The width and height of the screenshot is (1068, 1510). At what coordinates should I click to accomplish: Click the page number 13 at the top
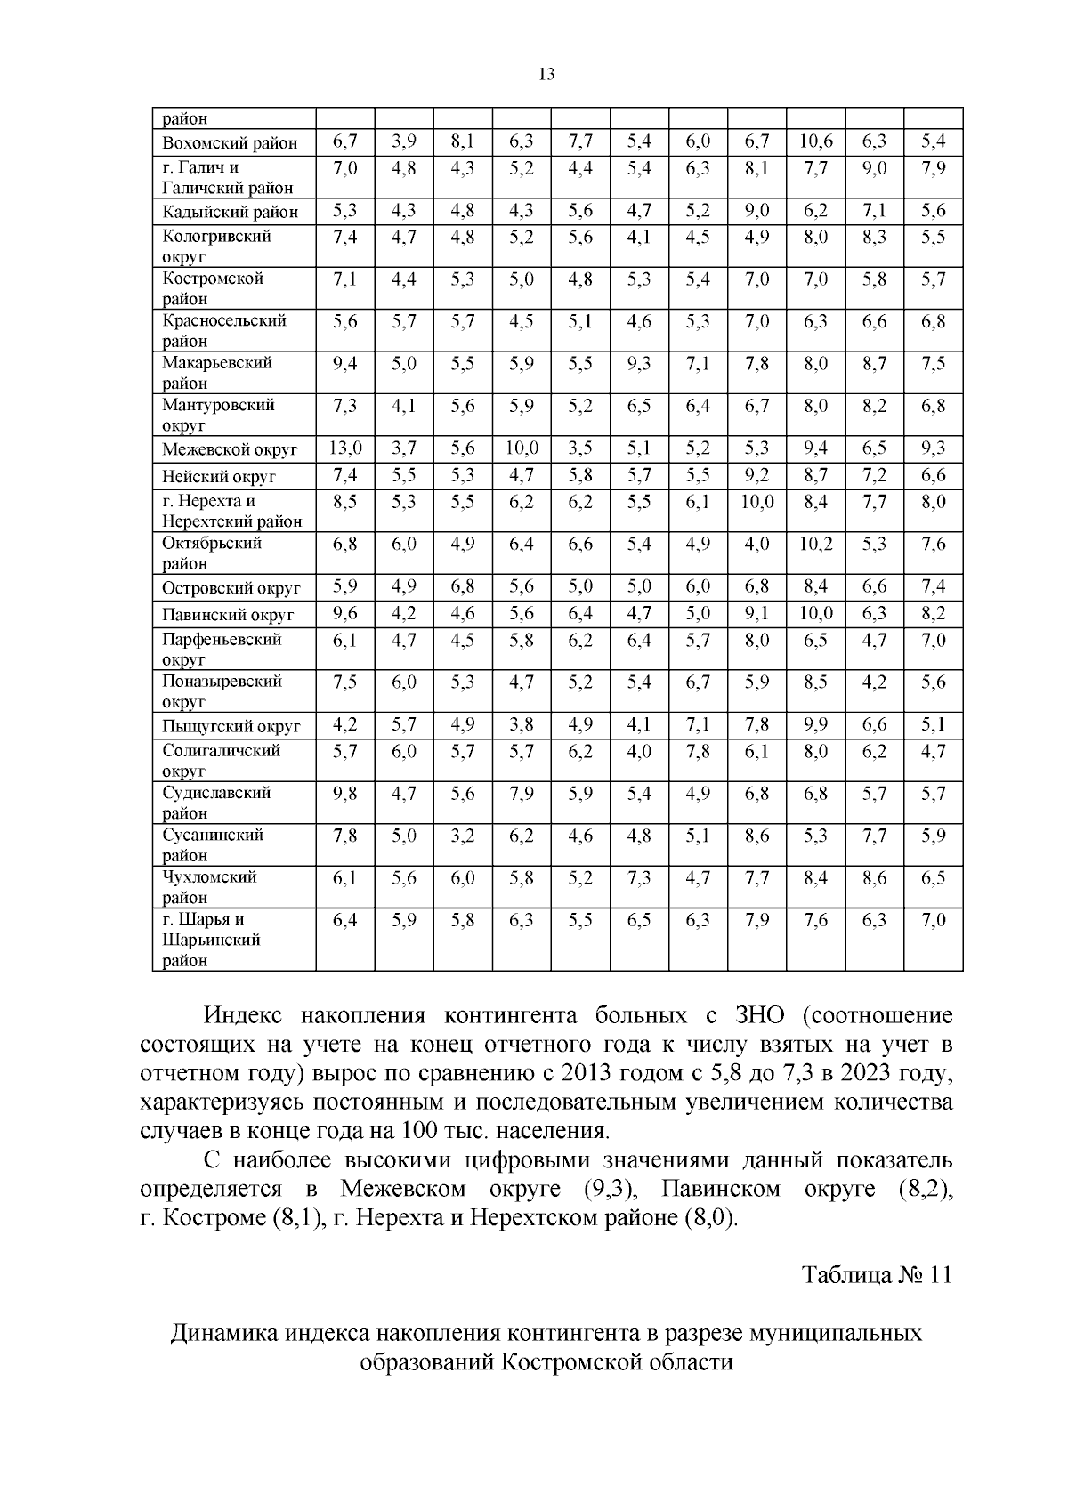(x=546, y=75)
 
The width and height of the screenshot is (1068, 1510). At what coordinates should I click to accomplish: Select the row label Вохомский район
(x=230, y=143)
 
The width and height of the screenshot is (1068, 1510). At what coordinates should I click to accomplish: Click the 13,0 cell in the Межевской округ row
(x=344, y=448)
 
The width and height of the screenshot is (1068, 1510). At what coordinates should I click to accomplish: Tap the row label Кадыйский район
(x=230, y=212)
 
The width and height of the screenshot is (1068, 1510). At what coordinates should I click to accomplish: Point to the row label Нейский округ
(x=219, y=476)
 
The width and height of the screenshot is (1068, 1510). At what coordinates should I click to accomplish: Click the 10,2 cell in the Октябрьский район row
(x=815, y=544)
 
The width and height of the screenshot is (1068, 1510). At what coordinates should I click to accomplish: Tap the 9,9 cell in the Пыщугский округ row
(x=815, y=725)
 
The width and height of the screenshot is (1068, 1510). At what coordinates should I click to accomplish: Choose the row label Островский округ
(x=231, y=588)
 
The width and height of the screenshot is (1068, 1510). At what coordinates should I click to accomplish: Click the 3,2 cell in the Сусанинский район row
(x=463, y=836)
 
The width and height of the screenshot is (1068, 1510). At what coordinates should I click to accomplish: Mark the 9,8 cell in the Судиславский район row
(x=344, y=794)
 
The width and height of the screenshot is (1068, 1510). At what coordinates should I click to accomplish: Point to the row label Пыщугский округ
(x=231, y=726)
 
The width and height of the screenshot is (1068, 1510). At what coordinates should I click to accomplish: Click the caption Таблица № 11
(x=877, y=1275)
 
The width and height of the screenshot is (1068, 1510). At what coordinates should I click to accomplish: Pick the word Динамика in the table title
(x=225, y=1334)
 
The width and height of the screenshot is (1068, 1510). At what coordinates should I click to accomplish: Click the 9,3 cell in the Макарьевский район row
(x=639, y=363)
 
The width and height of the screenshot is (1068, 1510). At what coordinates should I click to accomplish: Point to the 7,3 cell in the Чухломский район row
(x=639, y=877)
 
